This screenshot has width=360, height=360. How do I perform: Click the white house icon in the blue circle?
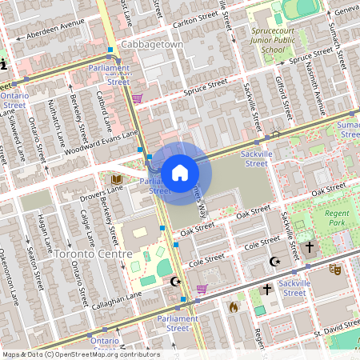point(179,172)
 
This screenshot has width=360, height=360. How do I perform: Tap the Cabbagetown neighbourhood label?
point(152,45)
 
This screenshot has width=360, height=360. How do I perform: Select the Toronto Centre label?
point(94,254)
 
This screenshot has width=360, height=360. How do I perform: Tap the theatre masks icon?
point(336,271)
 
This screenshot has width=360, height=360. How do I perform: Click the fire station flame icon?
point(234,306)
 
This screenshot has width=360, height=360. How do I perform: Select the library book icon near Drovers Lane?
point(117,178)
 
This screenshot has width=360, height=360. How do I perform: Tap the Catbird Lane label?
point(104,112)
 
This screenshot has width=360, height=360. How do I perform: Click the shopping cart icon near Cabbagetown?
point(138,98)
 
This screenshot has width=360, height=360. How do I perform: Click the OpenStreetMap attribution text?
point(81,354)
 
